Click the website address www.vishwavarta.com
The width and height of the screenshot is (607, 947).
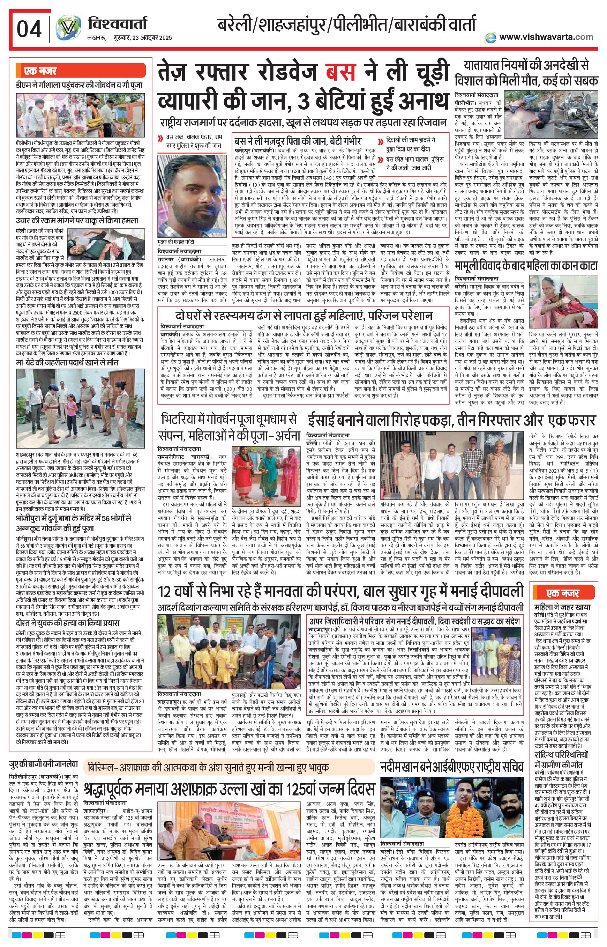pyautogui.click(x=546, y=37)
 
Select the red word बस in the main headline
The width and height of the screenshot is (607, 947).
pyautogui.click(x=340, y=72)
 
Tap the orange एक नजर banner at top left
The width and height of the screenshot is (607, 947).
pyautogui.click(x=80, y=71)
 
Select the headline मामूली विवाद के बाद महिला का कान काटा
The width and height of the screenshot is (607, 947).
pyautogui.click(x=526, y=265)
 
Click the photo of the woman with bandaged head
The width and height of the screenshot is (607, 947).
pyautogui.click(x=564, y=297)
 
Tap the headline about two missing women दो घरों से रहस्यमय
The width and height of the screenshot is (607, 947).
pyautogui.click(x=303, y=316)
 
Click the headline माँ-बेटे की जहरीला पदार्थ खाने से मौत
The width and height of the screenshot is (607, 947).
pyautogui.click(x=67, y=362)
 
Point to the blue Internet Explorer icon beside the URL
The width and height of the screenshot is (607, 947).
pyautogui.click(x=490, y=37)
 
